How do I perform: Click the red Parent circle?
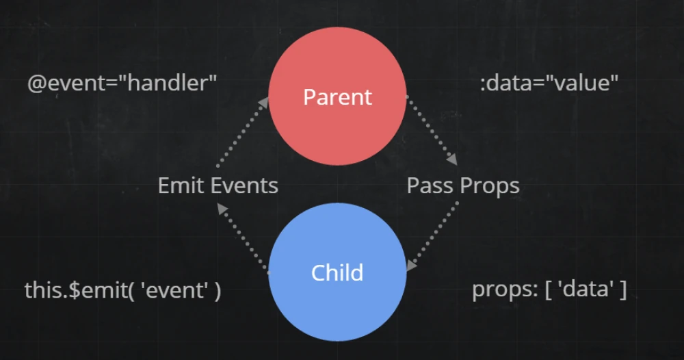338,96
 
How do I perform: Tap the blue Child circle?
338,272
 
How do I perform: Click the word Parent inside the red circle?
338,97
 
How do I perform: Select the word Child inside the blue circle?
337,272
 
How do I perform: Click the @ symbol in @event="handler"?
37,83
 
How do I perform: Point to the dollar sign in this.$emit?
75,290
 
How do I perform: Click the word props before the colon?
503,290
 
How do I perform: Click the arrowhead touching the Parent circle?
263,103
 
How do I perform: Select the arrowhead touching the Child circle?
411,265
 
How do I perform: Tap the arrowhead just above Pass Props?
452,159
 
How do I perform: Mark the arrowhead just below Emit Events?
222,209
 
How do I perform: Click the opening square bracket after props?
548,290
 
